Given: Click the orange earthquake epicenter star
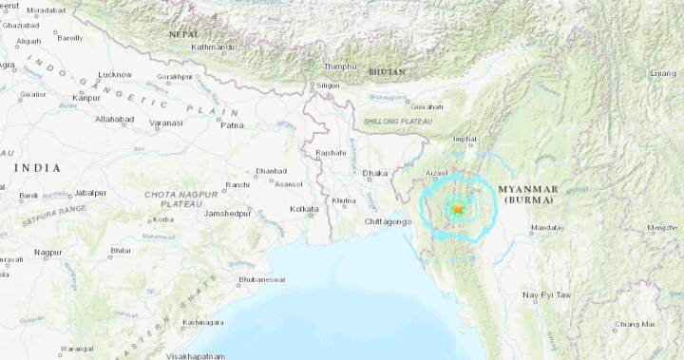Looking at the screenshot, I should point(458,208).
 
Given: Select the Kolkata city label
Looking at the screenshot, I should point(304,208).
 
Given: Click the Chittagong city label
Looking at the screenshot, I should point(388,221).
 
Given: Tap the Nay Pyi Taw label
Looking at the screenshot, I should point(546,295).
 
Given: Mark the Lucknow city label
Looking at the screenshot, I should point(115,74).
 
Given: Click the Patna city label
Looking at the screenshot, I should point(232,123).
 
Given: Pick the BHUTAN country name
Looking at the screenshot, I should point(388,71).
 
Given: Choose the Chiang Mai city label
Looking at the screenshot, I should point(634,324).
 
